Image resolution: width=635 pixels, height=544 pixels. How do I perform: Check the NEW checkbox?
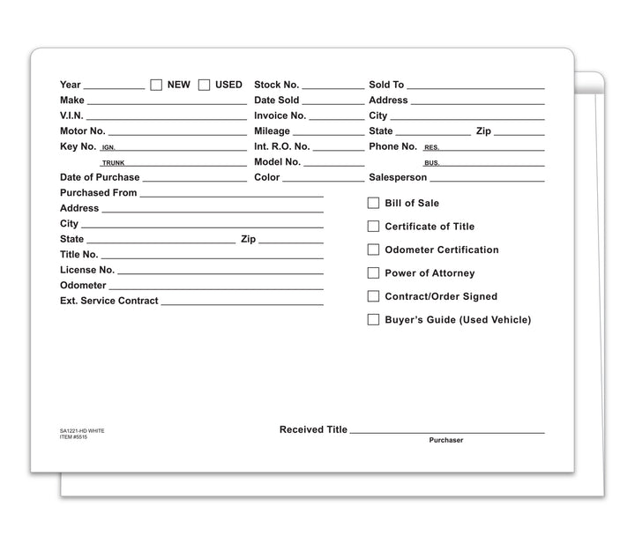tap(156, 85)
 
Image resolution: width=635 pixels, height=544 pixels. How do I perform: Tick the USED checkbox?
tap(204, 85)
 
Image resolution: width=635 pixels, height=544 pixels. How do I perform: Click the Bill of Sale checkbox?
tap(373, 203)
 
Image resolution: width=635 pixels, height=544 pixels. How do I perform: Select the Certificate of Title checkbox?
tap(373, 227)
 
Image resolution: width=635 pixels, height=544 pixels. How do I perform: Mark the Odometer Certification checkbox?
tap(373, 250)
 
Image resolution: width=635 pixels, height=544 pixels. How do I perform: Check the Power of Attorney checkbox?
tap(373, 273)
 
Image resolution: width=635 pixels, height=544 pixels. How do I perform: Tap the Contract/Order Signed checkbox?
tap(373, 296)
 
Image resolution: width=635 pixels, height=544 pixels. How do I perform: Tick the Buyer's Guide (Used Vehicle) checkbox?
tap(373, 320)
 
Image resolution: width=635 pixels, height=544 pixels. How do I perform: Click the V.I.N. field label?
tap(71, 116)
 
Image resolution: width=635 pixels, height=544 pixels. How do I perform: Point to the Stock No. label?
tap(276, 85)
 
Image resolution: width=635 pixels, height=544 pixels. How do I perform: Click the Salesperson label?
tap(398, 177)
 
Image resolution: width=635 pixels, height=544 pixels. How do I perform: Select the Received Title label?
tap(313, 429)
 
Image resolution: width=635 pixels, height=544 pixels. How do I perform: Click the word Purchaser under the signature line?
tap(446, 440)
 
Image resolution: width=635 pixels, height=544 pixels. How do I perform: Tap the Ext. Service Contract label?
tap(108, 301)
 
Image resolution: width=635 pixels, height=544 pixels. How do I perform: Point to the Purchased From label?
tap(98, 192)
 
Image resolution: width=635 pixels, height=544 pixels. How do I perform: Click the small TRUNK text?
tap(113, 163)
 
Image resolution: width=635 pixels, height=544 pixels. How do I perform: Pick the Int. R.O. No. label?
tap(281, 146)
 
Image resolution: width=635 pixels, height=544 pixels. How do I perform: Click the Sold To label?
tap(386, 85)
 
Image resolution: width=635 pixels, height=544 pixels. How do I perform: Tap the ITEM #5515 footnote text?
tap(73, 436)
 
